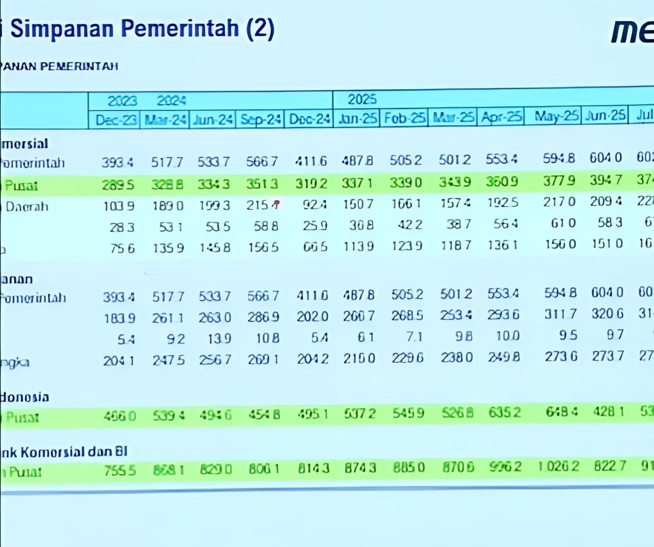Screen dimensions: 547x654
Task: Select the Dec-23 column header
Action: coord(116,120)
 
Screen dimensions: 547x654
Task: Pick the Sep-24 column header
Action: coord(260,119)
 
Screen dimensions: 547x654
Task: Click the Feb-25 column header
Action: coord(405,118)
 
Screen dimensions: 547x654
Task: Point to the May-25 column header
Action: coord(556,117)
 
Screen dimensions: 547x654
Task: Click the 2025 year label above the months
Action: coord(362,99)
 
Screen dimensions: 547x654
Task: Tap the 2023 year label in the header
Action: coord(122,101)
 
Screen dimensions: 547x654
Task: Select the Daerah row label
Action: coord(27,206)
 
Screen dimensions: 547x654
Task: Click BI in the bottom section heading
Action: coord(121,451)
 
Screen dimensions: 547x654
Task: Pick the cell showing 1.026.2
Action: coord(558,466)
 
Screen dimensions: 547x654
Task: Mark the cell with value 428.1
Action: coord(609,412)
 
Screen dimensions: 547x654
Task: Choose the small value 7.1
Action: coord(414,336)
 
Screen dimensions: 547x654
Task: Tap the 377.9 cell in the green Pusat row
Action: coord(559,181)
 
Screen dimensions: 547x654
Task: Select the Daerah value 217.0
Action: coord(559,202)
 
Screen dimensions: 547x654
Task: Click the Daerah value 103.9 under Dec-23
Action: coord(119,206)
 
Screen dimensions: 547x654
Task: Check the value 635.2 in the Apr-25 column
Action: coord(504,412)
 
